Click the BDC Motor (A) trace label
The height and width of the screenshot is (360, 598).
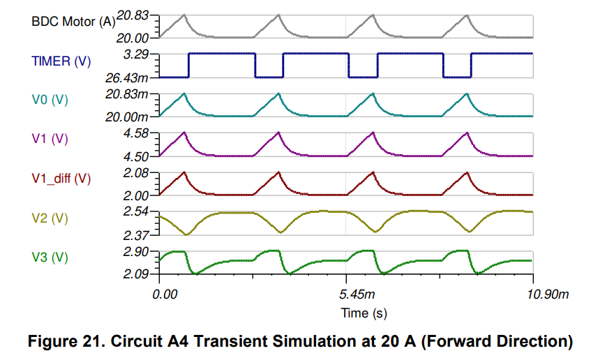click(73, 21)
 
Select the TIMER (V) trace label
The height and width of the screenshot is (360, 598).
click(61, 61)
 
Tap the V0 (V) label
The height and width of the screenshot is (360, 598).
click(50, 100)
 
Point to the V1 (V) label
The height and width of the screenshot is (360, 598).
click(50, 139)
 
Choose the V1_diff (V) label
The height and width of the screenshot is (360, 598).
click(61, 178)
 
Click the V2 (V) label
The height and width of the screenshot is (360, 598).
click(50, 218)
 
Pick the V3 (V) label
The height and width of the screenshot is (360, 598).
click(50, 257)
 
